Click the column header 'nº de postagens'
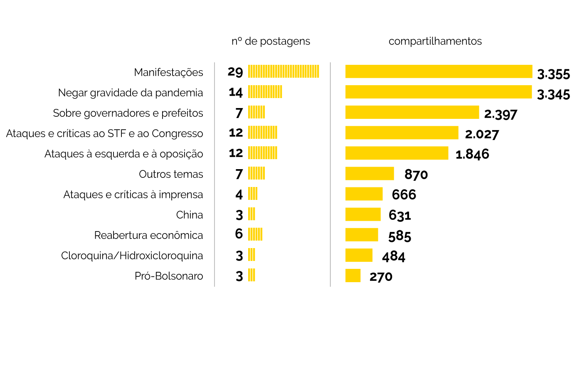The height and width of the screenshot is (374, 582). tap(271, 41)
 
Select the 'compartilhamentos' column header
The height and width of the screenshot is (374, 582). tap(435, 41)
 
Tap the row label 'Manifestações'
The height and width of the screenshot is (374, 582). tap(168, 72)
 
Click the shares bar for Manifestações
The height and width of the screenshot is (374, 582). tap(439, 71)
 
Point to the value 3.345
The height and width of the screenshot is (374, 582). tap(553, 95)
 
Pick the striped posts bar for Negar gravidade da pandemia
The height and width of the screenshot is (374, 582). tap(265, 92)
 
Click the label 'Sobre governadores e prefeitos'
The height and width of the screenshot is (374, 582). tap(128, 113)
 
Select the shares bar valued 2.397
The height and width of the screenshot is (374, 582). tap(412, 112)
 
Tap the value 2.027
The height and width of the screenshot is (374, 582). tap(482, 134)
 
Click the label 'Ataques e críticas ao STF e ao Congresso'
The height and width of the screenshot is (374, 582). tap(105, 133)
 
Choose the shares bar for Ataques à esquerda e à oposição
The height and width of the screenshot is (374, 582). tap(397, 153)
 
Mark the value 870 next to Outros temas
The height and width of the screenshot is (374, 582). tap(416, 175)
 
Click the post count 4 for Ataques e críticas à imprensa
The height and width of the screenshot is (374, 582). tap(239, 194)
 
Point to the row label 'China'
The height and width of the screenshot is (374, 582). tap(190, 215)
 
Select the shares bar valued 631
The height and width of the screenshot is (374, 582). tap(363, 214)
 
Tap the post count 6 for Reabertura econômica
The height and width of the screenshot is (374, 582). tap(239, 234)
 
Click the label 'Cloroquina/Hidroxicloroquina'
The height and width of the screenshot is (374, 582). tap(132, 256)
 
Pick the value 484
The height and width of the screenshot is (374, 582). tap(394, 256)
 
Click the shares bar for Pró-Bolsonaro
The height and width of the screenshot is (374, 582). tap(353, 276)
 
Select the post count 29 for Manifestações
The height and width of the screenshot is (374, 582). tap(235, 72)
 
